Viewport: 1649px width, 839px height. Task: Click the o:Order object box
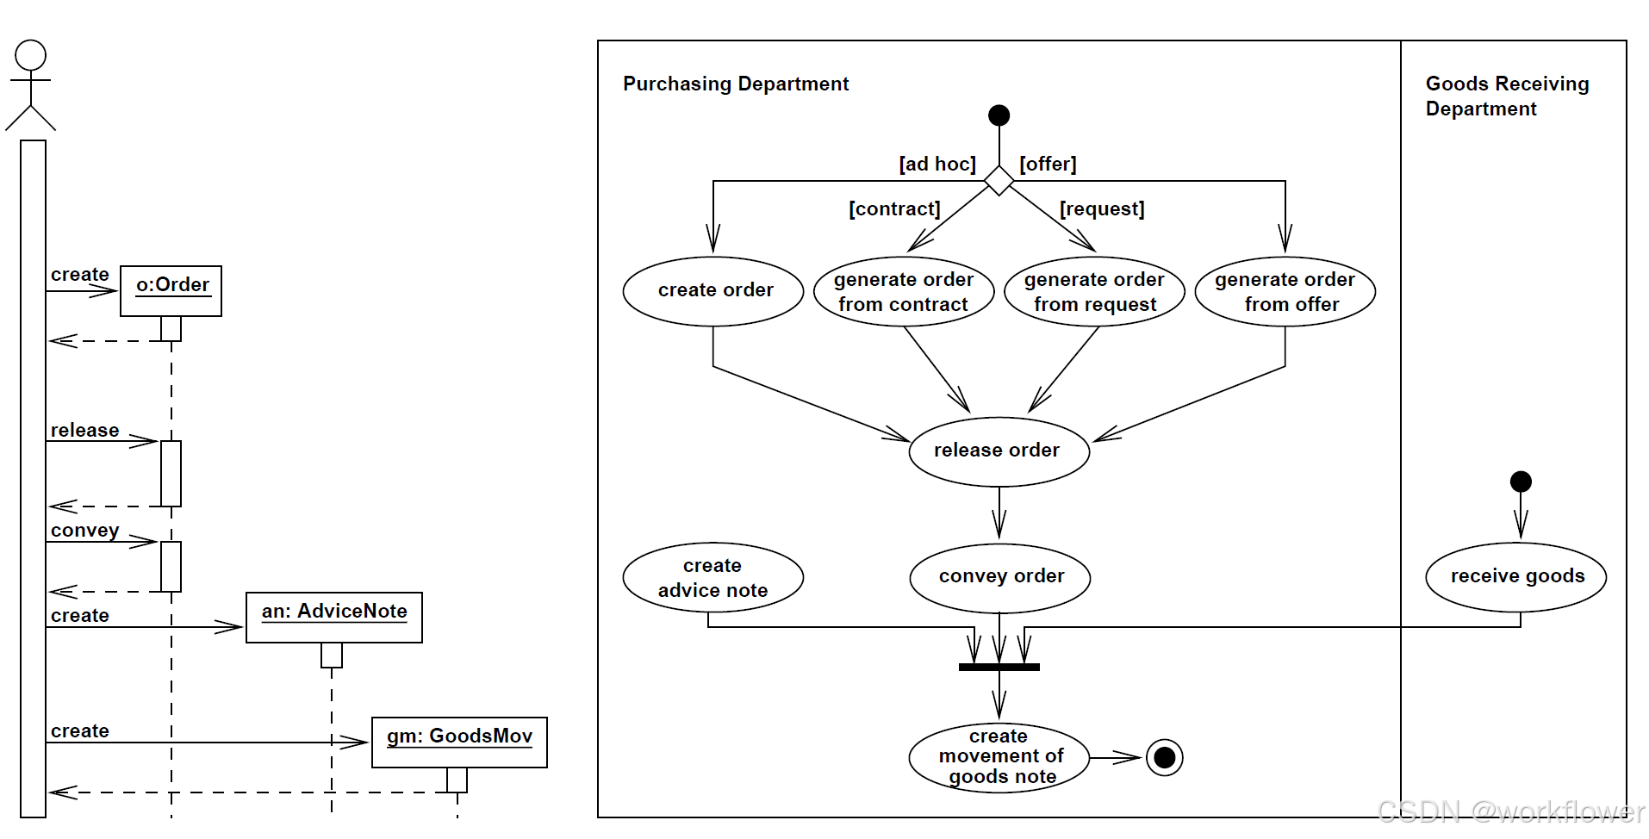point(171,290)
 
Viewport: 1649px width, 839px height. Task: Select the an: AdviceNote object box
point(334,617)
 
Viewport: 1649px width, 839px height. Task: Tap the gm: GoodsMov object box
point(459,742)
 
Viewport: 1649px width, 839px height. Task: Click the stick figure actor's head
point(31,55)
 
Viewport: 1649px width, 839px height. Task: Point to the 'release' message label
point(84,430)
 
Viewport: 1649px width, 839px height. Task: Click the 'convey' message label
point(84,530)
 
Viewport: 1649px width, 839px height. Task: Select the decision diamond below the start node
point(999,181)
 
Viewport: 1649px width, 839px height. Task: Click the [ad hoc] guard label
point(937,164)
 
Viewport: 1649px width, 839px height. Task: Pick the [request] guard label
point(1101,208)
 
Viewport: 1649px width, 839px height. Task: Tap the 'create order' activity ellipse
point(713,291)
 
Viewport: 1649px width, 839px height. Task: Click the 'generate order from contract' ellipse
point(904,291)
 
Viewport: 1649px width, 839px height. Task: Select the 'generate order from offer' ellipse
point(1285,291)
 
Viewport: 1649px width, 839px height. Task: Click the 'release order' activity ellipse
point(999,451)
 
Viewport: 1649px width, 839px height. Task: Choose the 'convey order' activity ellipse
point(999,577)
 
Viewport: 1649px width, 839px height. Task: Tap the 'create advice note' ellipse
point(713,577)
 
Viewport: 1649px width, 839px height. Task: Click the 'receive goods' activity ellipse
point(1516,577)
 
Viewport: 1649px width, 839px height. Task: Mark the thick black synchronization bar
point(999,667)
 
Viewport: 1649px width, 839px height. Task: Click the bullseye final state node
point(1164,758)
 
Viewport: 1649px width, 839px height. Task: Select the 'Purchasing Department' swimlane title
point(736,84)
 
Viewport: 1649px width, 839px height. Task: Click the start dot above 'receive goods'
point(1521,482)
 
